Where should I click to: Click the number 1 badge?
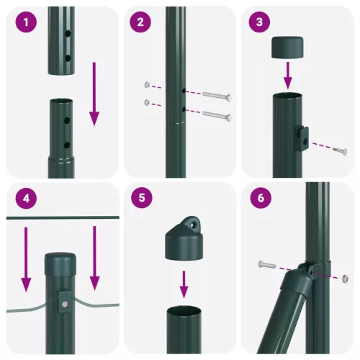coord(27,23)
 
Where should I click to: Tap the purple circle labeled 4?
coord(27,201)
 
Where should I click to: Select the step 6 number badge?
coord(261,201)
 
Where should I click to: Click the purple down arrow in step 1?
coord(94,94)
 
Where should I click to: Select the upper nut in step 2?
coord(148,85)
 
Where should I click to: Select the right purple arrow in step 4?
coord(94,259)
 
